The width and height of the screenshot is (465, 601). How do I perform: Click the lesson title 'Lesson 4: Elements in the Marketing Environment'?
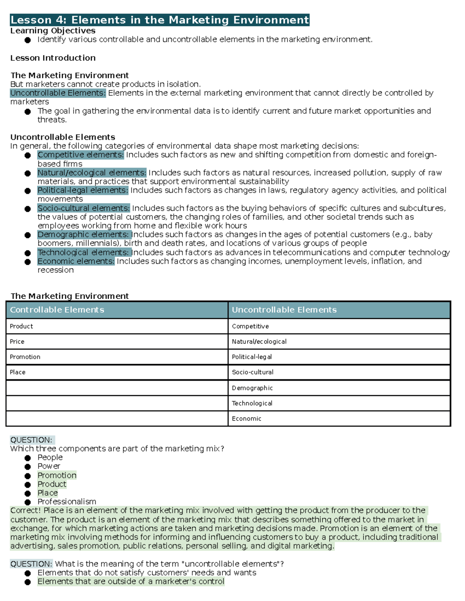(160, 20)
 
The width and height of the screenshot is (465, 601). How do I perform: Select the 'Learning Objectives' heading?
(53, 31)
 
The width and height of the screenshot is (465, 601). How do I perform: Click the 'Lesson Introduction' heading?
(53, 58)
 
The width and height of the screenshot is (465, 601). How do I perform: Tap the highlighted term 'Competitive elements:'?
(81, 155)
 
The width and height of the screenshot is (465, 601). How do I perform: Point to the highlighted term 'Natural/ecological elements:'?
(92, 173)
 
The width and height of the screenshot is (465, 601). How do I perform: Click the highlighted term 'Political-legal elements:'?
(83, 190)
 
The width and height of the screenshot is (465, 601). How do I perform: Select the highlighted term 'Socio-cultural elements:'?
(83, 208)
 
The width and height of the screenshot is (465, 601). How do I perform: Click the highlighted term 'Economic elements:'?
(76, 261)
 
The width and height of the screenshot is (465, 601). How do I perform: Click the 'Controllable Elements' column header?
(57, 310)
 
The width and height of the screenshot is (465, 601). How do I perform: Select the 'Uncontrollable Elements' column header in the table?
(284, 310)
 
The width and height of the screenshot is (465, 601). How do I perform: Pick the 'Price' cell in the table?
(17, 342)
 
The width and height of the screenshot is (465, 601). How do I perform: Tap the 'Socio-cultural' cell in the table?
(253, 372)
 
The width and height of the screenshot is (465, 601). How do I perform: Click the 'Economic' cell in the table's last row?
(246, 419)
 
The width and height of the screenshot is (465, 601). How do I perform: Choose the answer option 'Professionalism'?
(67, 502)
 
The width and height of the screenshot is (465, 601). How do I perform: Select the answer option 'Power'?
(49, 466)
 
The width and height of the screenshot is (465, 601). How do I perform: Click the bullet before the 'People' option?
(28, 458)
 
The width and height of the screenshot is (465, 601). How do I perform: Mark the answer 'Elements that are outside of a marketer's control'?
(131, 582)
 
